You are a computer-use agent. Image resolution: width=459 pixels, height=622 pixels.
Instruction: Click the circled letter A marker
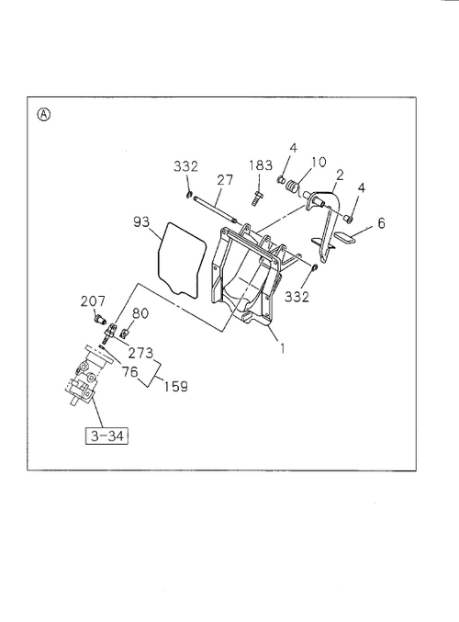pos(44,115)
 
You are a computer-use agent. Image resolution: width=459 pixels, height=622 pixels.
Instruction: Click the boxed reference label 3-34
pos(107,436)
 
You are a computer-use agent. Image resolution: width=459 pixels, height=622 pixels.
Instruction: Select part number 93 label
pos(141,221)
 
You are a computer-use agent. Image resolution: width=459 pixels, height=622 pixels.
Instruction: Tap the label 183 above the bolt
pos(261,165)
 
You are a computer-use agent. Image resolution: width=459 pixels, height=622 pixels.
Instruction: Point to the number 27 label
pos(225,180)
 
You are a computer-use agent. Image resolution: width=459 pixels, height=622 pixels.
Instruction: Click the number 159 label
pos(176,386)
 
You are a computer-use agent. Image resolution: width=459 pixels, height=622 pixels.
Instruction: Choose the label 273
pos(140,352)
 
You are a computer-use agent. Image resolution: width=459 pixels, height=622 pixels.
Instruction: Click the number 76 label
pos(129,372)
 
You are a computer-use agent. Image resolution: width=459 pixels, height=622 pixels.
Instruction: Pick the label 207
pos(93,301)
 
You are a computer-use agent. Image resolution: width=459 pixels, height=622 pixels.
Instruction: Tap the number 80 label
pos(140,313)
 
